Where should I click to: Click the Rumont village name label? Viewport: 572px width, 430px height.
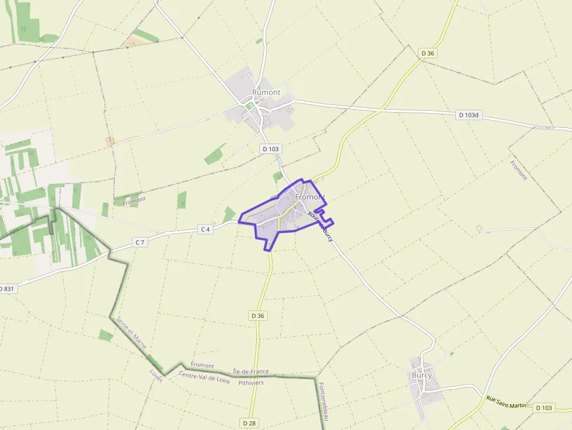pos(266,92)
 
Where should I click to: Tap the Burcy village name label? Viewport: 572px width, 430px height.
pos(421,375)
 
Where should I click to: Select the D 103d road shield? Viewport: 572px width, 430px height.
pos(468,115)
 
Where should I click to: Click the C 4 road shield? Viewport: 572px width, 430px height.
pos(205,229)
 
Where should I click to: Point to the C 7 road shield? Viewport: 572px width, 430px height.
pos(139,242)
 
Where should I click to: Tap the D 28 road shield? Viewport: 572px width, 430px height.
pos(248,422)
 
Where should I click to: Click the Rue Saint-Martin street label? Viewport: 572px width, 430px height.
pos(506,402)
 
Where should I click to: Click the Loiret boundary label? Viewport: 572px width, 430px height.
pos(156,375)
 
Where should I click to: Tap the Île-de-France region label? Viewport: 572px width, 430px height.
pos(250,371)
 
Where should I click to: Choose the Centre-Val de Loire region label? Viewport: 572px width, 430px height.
pos(204,378)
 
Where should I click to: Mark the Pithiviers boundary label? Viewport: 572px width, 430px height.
pos(251,383)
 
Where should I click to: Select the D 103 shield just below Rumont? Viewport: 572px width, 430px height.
pos(271,149)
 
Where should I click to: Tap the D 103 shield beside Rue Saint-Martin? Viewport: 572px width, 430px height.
pos(544,408)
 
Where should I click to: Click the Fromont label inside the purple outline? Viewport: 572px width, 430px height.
pos(309,197)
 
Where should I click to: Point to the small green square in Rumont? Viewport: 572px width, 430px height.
pos(250,106)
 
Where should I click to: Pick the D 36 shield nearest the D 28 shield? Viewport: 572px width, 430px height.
pos(257,316)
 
